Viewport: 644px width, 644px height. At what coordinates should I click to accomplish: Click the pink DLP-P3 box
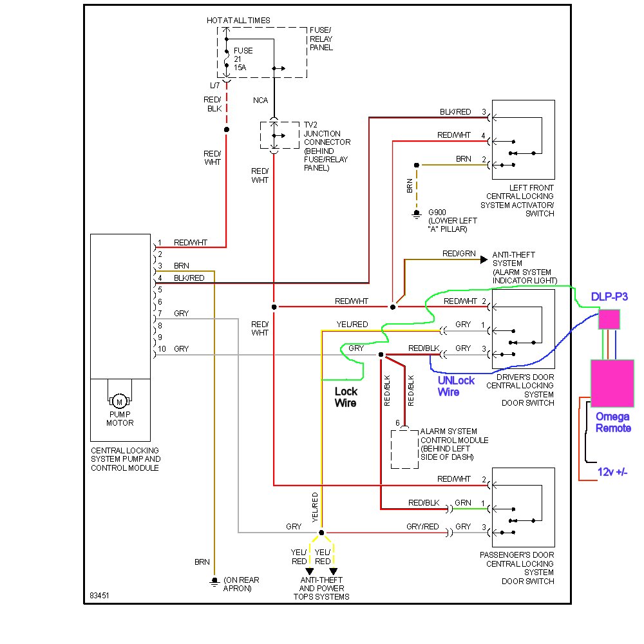point(609,319)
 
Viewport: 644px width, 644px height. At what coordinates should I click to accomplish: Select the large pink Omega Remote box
point(612,383)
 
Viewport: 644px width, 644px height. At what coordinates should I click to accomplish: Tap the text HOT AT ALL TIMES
point(238,21)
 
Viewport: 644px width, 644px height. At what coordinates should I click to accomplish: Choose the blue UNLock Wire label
point(456,386)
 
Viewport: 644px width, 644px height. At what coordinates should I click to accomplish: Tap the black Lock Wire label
point(346,397)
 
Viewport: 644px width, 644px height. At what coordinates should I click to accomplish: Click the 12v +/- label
point(612,472)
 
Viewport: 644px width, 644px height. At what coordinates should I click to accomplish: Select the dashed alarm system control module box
point(404,448)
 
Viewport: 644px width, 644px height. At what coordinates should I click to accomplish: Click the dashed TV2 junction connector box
point(275,135)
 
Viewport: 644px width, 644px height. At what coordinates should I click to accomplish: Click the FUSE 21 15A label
point(243,59)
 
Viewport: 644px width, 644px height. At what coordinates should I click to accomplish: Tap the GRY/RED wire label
point(422,527)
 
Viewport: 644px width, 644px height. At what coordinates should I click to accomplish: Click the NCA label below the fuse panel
point(260,101)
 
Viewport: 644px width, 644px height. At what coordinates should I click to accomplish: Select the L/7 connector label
point(214,86)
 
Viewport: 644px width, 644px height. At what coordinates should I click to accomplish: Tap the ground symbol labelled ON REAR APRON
point(214,581)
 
